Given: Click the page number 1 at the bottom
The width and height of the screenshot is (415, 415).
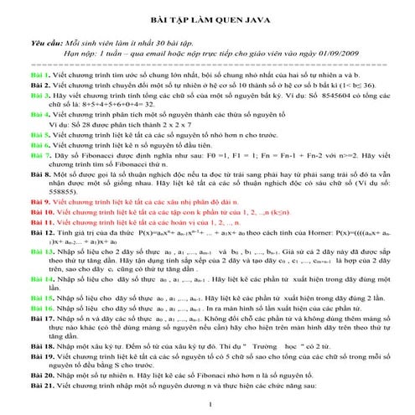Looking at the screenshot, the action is (207, 408).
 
